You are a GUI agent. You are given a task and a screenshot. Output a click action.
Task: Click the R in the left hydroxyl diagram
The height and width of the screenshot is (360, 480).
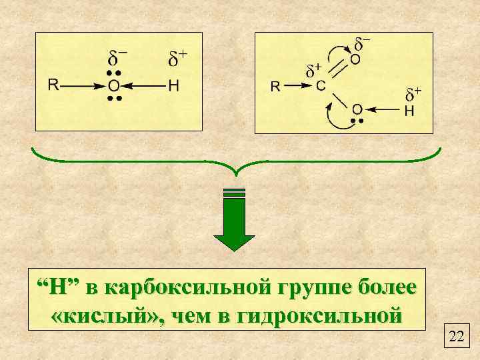(x=53, y=85)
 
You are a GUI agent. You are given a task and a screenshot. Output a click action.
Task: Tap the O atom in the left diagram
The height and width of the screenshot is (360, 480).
(x=114, y=85)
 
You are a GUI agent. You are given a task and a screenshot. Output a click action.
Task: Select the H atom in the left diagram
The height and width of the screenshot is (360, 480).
(x=173, y=85)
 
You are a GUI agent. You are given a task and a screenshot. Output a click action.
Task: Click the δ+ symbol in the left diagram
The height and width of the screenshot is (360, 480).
(x=177, y=59)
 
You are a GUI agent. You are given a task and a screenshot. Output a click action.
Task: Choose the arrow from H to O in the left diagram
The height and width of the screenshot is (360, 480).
(x=143, y=85)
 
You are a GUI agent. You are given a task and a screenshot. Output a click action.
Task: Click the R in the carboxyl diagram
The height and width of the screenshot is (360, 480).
(x=275, y=86)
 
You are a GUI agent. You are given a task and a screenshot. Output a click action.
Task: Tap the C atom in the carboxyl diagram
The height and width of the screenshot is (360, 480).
(x=321, y=86)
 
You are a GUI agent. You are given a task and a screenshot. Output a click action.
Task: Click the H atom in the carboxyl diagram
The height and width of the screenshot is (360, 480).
(x=409, y=111)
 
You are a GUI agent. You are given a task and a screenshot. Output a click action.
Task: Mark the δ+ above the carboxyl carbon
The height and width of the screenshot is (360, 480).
(x=313, y=69)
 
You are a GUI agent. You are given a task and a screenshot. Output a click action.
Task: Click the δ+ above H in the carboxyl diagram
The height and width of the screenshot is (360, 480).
(x=413, y=93)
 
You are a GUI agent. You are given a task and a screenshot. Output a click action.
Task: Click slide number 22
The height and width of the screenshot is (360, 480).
(x=457, y=336)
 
